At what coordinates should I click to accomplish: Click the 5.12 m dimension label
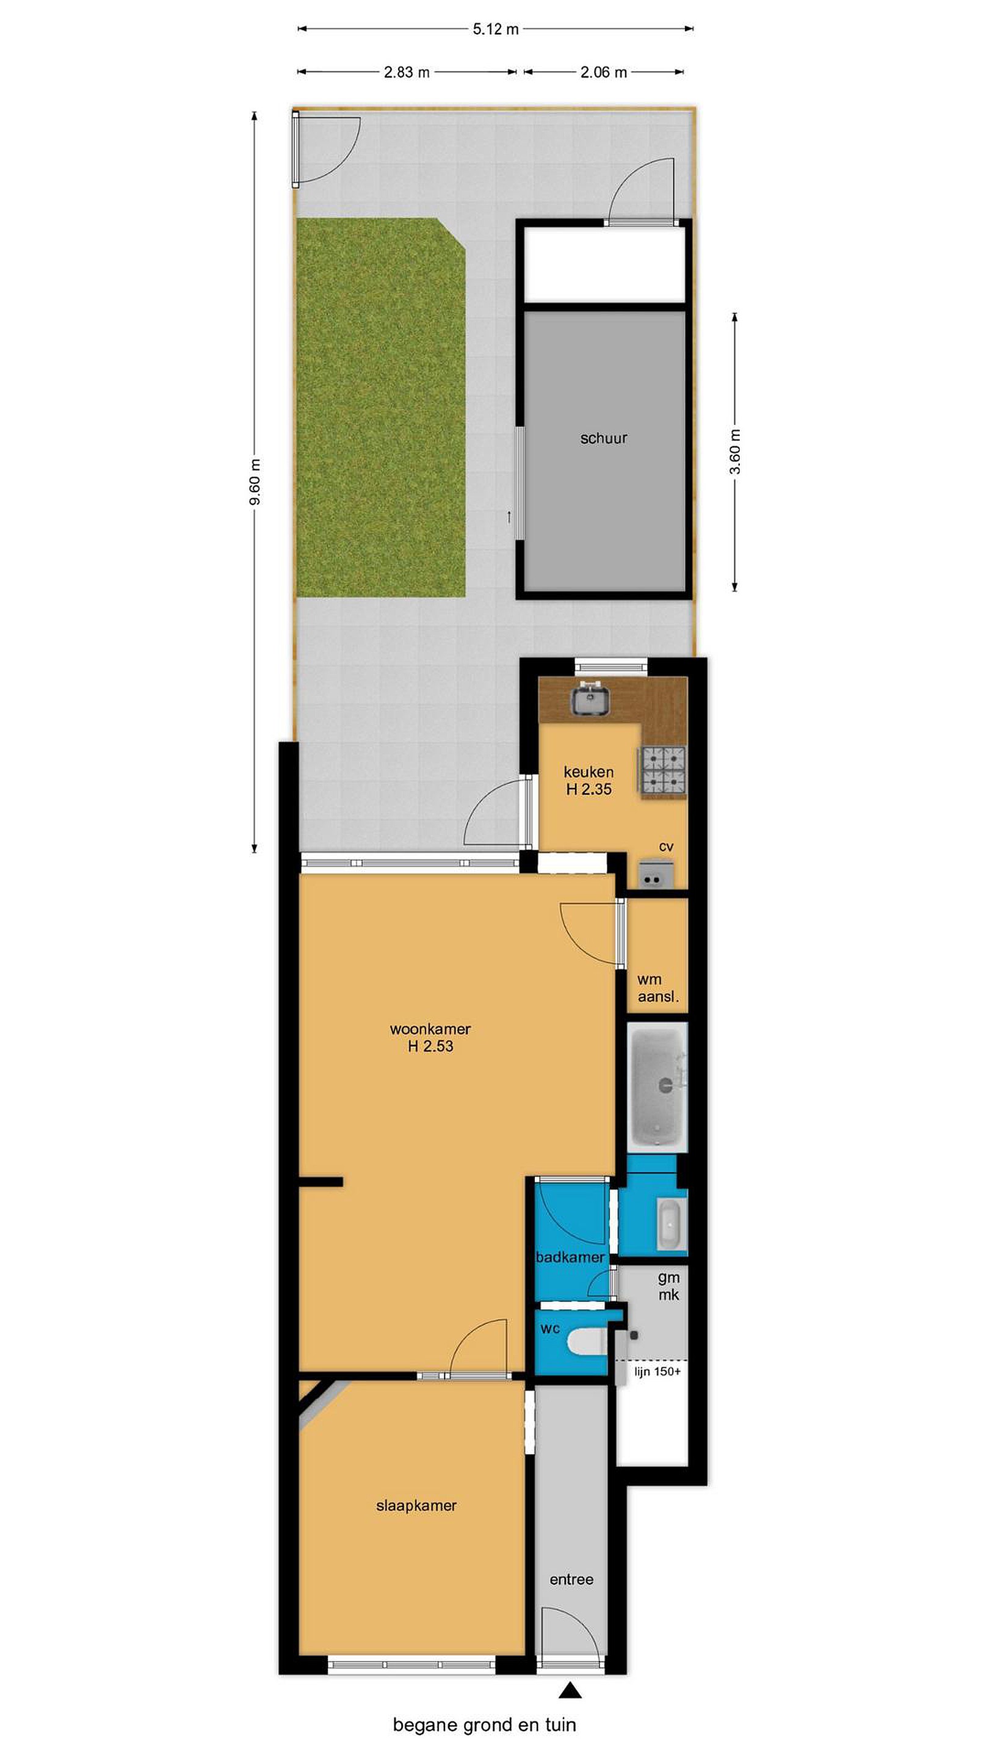click(496, 29)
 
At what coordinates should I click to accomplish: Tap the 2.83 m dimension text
click(407, 71)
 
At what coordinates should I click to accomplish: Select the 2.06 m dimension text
click(603, 71)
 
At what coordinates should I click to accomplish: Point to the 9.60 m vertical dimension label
click(255, 482)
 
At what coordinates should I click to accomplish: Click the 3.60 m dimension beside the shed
click(735, 452)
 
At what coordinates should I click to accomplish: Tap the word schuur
click(603, 438)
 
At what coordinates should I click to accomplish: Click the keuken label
click(589, 772)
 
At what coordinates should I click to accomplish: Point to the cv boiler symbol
click(656, 874)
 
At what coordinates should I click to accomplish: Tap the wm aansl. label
click(658, 988)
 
